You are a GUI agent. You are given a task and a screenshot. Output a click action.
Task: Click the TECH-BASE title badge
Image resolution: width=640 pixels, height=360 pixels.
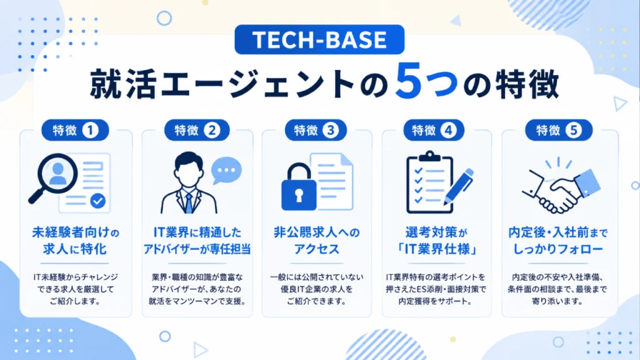click(x=319, y=39)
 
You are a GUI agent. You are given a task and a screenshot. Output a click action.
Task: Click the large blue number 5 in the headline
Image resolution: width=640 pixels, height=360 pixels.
click(x=408, y=81)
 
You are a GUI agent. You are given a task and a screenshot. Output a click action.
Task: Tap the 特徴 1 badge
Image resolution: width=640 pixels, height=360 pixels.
click(x=75, y=130)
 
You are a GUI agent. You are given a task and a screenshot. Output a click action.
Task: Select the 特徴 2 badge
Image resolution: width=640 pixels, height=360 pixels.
click(x=197, y=130)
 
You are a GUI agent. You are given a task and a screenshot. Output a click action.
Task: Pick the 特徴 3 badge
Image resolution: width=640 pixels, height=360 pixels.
click(x=316, y=130)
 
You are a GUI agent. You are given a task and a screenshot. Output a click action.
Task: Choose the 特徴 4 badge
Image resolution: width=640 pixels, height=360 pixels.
click(x=434, y=130)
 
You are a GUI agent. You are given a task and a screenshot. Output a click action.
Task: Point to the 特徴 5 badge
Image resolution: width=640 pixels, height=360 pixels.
click(x=558, y=130)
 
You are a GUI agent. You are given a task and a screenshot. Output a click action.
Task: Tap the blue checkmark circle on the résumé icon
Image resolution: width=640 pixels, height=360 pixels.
click(x=98, y=201)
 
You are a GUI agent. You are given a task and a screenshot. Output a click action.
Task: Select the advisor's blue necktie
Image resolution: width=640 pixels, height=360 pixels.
click(x=189, y=203)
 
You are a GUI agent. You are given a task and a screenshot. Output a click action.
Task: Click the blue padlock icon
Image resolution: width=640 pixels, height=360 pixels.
click(x=299, y=187)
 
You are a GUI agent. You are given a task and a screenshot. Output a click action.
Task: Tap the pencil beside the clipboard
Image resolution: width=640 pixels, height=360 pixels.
click(x=459, y=186)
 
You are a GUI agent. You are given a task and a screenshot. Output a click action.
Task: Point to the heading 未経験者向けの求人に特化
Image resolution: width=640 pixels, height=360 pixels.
click(x=76, y=241)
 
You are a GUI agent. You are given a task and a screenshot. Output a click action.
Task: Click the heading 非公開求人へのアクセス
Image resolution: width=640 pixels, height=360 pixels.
click(x=317, y=241)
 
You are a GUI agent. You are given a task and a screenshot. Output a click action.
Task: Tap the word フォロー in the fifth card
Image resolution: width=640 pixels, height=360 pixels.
click(x=581, y=249)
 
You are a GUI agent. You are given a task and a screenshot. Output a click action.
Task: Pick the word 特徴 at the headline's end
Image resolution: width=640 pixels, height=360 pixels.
click(x=526, y=84)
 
